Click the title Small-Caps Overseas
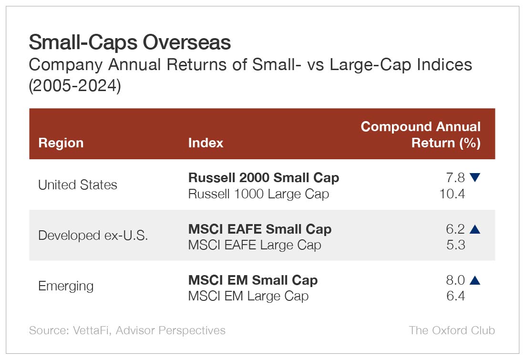[x=130, y=42]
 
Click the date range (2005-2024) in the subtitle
[x=75, y=87]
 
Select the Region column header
[x=61, y=143]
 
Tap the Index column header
[x=206, y=143]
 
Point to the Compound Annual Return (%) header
[x=421, y=134]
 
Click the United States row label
[x=77, y=185]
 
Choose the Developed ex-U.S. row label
[x=93, y=236]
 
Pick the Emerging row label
[x=66, y=286]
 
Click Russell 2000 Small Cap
[x=264, y=178]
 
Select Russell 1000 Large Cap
[x=258, y=194]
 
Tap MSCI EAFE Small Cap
[x=260, y=229]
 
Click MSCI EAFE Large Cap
[x=255, y=245]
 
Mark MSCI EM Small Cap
[x=253, y=280]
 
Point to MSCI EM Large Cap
[x=248, y=296]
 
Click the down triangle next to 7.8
[x=474, y=178]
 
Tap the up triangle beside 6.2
[x=474, y=229]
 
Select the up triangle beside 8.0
[x=474, y=280]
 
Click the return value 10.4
[x=452, y=194]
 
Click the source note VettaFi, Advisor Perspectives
[x=127, y=330]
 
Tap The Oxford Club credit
[x=452, y=330]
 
